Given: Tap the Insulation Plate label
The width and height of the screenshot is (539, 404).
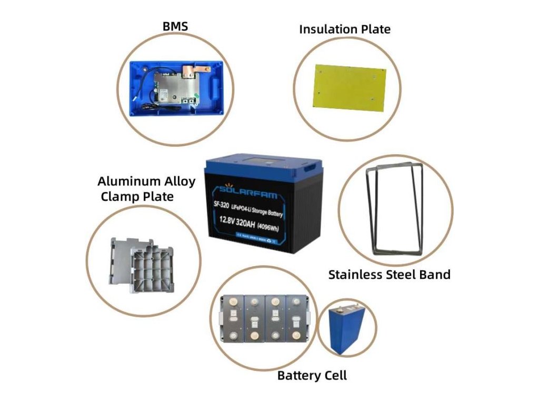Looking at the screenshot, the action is point(345,29).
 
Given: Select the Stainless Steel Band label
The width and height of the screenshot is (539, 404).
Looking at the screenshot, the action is point(389,274).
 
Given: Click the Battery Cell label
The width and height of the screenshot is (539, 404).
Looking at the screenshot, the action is point(312,375).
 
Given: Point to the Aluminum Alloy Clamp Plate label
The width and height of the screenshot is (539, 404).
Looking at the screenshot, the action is point(146,189).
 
